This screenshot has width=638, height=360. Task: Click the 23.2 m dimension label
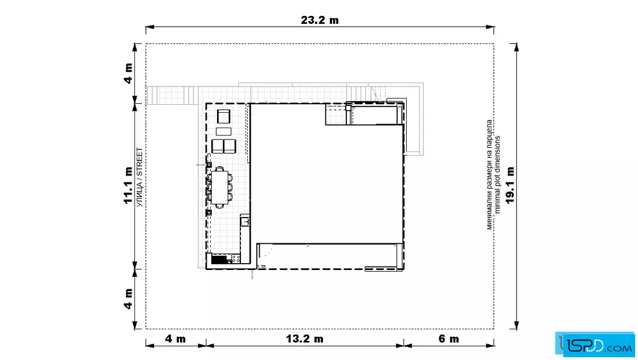(320, 20)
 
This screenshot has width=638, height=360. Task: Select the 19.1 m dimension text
(510, 185)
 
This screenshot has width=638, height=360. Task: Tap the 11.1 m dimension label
(128, 185)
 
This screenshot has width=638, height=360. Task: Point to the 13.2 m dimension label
(304, 338)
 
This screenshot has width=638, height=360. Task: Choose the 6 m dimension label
(449, 338)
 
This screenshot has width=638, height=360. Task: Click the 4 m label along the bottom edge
(175, 338)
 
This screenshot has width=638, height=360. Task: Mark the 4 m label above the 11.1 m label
(128, 73)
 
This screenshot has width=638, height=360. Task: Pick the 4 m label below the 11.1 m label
(128, 299)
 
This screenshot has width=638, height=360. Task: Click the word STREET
(140, 162)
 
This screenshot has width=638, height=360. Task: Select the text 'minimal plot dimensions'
(498, 175)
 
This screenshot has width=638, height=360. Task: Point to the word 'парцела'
(489, 133)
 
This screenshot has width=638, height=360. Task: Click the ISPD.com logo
(596, 345)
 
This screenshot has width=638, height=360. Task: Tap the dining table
(220, 187)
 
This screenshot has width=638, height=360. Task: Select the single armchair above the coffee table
(223, 116)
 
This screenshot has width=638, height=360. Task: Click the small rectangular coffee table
(223, 132)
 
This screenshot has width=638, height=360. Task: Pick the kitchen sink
(244, 221)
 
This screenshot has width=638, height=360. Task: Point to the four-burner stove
(235, 259)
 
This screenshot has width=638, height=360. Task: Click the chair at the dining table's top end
(220, 169)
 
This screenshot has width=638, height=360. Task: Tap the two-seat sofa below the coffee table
(223, 146)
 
